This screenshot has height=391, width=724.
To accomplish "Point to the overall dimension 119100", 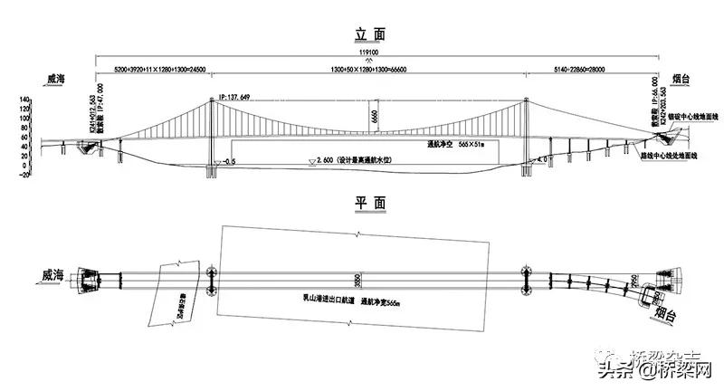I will [371, 52].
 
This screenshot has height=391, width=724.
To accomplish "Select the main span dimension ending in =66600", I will [366, 70].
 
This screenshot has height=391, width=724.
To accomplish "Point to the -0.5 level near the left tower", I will [229, 160].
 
